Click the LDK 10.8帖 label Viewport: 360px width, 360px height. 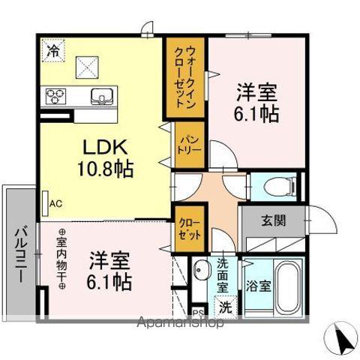[x=105, y=157]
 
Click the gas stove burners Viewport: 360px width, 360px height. [x=57, y=96]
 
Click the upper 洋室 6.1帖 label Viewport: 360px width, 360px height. [x=256, y=103]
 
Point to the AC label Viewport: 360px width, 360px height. [x=55, y=202]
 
